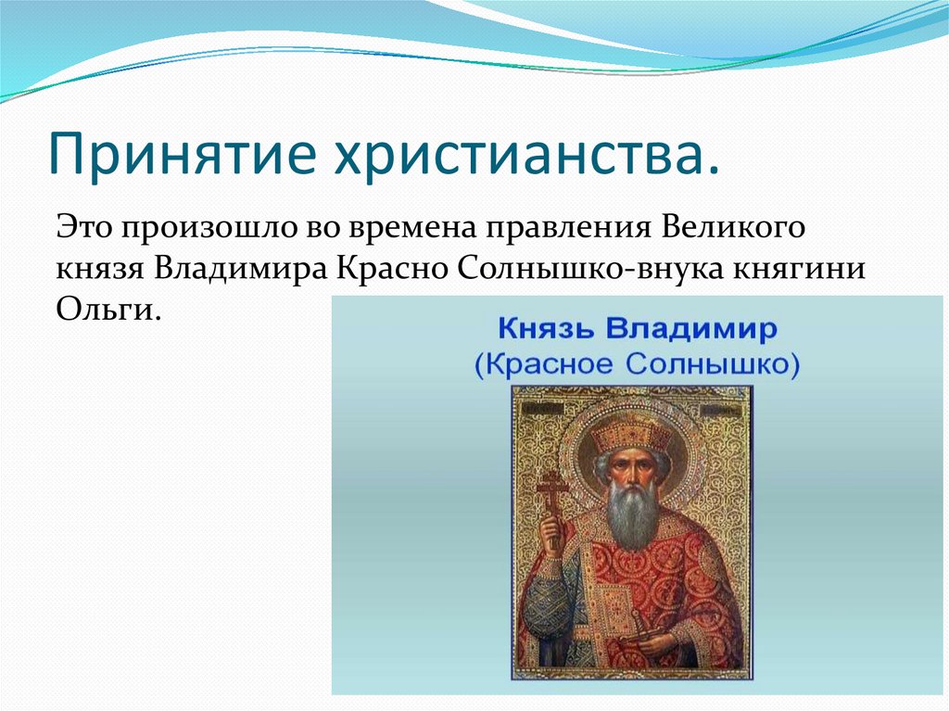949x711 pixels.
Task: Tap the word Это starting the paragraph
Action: click(x=85, y=227)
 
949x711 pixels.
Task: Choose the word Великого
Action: click(x=733, y=227)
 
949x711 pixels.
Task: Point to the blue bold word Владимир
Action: click(x=691, y=330)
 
